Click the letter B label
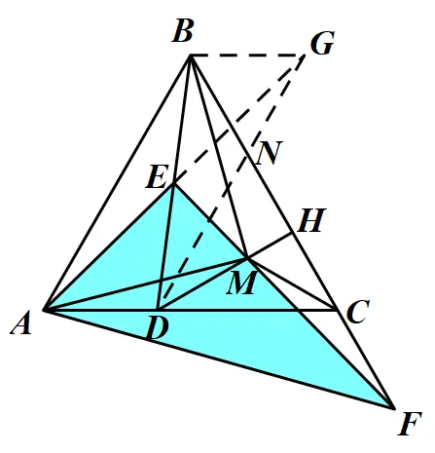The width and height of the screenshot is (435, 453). (x=183, y=31)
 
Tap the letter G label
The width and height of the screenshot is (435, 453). (x=322, y=43)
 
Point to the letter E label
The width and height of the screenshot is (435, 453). (x=157, y=177)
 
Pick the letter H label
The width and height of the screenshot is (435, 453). (x=311, y=220)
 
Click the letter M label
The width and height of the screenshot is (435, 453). (x=242, y=283)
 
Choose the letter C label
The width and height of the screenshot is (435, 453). (x=358, y=312)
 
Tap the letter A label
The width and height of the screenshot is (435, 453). (x=21, y=322)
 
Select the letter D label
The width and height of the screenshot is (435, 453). (x=158, y=328)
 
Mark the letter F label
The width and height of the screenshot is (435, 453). (x=410, y=423)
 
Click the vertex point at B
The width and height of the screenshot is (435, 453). (x=191, y=56)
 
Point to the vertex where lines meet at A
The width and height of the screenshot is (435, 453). (x=45, y=310)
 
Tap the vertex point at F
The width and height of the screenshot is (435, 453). (x=393, y=408)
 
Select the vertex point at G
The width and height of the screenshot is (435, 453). (x=305, y=56)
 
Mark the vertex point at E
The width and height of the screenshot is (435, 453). (x=174, y=184)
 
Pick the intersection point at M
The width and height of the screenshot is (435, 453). (x=247, y=258)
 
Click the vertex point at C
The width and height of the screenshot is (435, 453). (x=337, y=310)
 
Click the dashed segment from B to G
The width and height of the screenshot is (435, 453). (x=247, y=56)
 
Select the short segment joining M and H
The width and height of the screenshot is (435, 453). (x=270, y=245)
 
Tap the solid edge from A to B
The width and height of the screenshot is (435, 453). (x=118, y=183)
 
